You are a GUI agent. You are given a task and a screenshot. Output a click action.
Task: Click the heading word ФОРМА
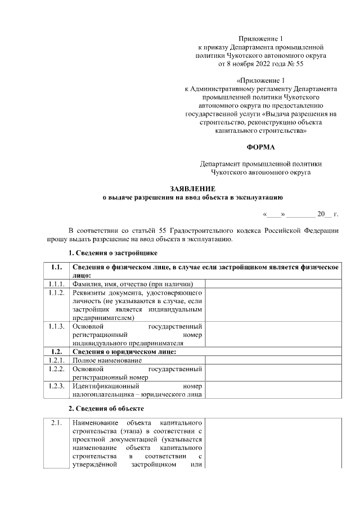260,147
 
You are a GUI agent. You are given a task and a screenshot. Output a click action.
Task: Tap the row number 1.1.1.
55,283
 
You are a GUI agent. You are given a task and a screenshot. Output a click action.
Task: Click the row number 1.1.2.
55,292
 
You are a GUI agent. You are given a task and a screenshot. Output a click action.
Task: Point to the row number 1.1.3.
55,326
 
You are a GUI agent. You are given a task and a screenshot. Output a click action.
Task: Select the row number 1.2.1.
55,360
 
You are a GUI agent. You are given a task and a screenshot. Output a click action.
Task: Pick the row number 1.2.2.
55,369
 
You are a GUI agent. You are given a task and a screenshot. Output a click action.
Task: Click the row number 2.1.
55,422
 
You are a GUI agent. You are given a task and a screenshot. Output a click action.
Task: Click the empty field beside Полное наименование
273,360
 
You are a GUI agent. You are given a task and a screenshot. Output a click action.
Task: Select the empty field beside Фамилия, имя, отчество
273,283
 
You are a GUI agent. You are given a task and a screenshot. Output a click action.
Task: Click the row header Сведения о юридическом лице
124,352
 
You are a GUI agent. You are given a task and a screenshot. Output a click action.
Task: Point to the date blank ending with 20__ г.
300,214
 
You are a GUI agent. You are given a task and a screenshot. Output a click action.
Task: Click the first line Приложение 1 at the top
260,38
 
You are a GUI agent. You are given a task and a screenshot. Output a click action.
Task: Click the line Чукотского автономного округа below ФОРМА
260,173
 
